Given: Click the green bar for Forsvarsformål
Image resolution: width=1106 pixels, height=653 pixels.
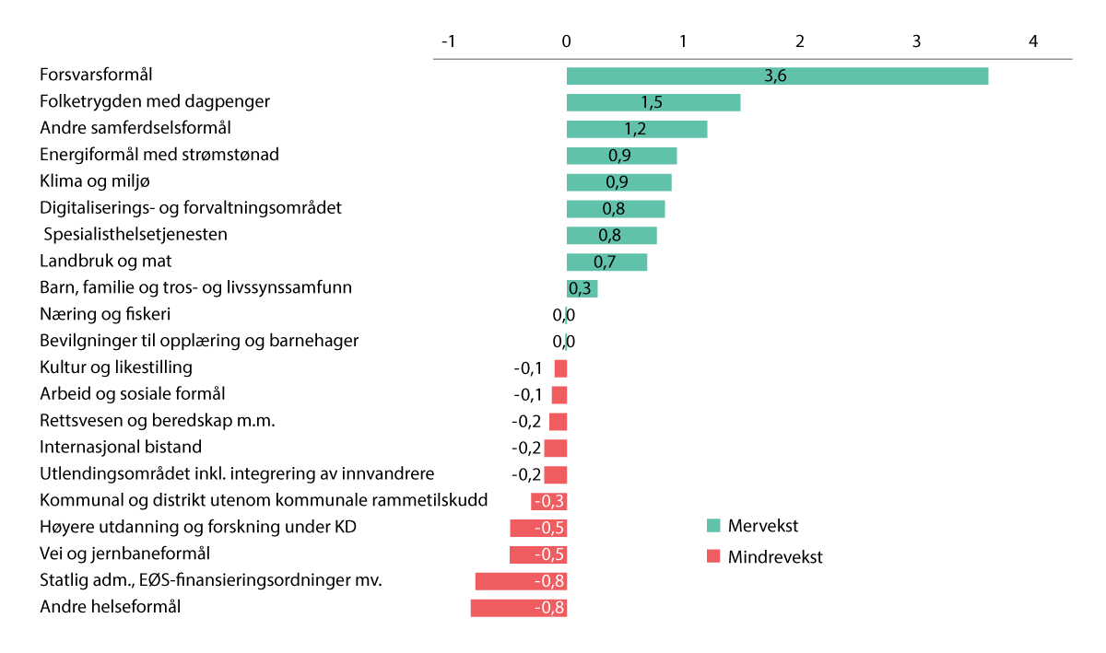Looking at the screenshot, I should (777, 76).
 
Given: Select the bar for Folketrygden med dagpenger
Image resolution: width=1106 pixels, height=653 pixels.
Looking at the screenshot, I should (653, 102).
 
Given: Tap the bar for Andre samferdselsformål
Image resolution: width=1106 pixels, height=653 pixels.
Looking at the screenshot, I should (636, 129).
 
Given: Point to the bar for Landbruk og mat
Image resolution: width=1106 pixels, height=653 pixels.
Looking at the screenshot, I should (606, 262).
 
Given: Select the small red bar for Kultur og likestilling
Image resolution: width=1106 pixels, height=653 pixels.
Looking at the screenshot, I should (560, 368).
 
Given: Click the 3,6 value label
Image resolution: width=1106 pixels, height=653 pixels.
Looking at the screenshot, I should (775, 76).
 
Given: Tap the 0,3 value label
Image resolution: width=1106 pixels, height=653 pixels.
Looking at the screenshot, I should (580, 289).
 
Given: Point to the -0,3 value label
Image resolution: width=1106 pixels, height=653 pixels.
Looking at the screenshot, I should (550, 502).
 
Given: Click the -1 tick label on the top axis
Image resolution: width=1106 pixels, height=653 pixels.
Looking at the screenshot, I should (449, 41).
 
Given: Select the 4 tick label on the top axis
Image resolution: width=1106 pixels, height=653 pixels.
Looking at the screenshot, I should (1033, 41).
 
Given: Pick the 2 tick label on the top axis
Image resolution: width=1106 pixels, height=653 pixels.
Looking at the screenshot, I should (800, 41).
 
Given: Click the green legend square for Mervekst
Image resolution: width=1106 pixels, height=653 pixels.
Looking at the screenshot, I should (712, 526).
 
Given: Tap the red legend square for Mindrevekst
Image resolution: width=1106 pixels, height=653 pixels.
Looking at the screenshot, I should (712, 556).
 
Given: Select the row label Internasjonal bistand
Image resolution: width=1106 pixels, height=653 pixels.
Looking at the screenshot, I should (121, 448).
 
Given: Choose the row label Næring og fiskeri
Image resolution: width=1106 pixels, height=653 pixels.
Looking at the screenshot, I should (105, 314).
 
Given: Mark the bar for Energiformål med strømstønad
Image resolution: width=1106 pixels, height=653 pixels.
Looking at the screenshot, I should (621, 156).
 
